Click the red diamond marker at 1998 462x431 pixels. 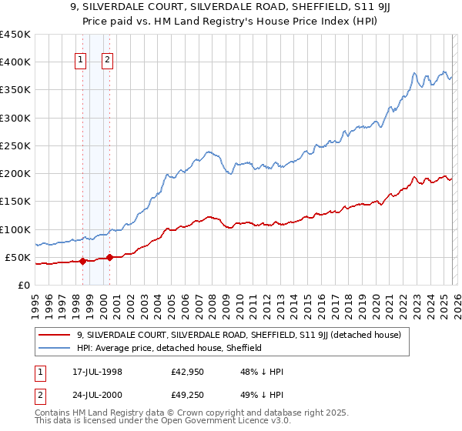82,261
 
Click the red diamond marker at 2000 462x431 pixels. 109,257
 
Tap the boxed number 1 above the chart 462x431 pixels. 81,62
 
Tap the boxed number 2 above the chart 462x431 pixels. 107,62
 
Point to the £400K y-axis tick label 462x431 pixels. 15,62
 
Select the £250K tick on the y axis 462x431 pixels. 15,145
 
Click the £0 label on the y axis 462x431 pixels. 22,285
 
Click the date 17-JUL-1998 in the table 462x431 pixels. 96,372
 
